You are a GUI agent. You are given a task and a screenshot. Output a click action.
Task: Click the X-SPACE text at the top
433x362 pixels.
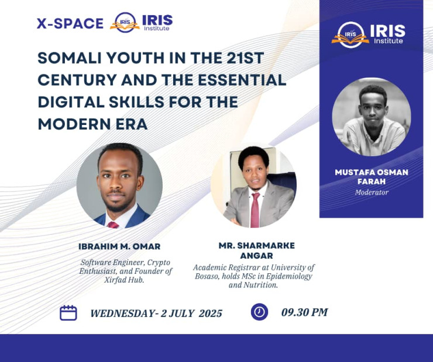point(70,23)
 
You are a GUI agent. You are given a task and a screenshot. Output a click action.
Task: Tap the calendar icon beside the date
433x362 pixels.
point(68,313)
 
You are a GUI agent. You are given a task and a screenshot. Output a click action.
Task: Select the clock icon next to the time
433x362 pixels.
point(259,312)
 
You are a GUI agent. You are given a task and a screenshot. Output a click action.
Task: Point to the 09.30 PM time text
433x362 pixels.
point(305,312)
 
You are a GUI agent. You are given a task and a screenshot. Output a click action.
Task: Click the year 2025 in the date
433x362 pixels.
point(211,314)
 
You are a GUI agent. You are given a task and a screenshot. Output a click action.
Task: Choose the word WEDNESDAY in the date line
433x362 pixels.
point(122,314)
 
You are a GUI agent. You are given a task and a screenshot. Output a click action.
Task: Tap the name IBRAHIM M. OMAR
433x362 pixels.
point(119,246)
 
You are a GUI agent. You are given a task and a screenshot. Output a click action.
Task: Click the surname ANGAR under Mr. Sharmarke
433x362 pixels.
point(256,256)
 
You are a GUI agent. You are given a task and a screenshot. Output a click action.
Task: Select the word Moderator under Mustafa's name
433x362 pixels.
point(372,192)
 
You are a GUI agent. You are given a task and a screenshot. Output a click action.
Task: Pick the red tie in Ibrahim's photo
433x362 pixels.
point(113,225)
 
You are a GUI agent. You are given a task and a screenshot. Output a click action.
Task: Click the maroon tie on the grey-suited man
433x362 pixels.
point(255,210)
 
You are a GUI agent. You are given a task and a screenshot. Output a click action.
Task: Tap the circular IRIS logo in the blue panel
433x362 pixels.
point(350,35)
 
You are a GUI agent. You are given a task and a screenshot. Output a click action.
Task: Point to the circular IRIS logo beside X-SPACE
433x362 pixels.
point(125,22)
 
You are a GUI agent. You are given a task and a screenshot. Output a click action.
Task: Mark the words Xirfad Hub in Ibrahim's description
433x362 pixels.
point(124,280)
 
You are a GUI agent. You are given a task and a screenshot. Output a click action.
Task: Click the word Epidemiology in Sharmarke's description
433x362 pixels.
point(288,276)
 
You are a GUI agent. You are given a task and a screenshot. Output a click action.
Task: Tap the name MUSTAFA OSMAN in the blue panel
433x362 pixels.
point(372,172)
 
